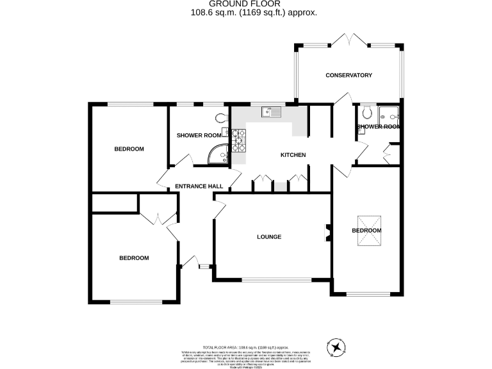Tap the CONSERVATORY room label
(348, 76)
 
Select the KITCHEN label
(293, 155)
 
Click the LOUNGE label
(269, 237)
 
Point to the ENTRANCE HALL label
(199, 186)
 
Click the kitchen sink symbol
(271, 113)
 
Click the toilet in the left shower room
(221, 118)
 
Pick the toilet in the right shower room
(367, 112)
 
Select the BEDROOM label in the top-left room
(129, 149)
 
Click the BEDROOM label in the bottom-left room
(134, 258)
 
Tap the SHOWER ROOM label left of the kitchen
(199, 135)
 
